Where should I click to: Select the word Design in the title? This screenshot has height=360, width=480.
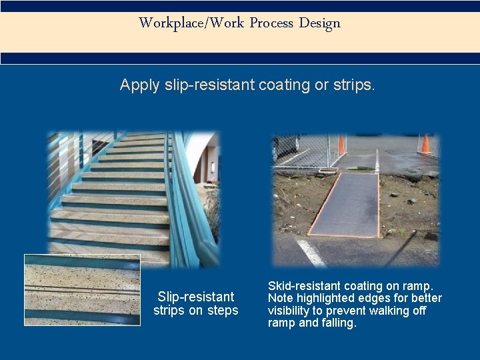point(319,23)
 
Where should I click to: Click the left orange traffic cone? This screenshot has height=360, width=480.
point(341,145)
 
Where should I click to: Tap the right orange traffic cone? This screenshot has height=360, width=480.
point(425,143)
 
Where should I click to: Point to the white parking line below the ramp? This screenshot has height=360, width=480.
point(311,253)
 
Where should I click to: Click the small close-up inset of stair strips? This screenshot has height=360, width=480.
point(82,289)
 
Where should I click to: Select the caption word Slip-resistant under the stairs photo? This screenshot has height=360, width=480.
point(196,297)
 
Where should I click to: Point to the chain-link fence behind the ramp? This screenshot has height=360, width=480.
point(300,150)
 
